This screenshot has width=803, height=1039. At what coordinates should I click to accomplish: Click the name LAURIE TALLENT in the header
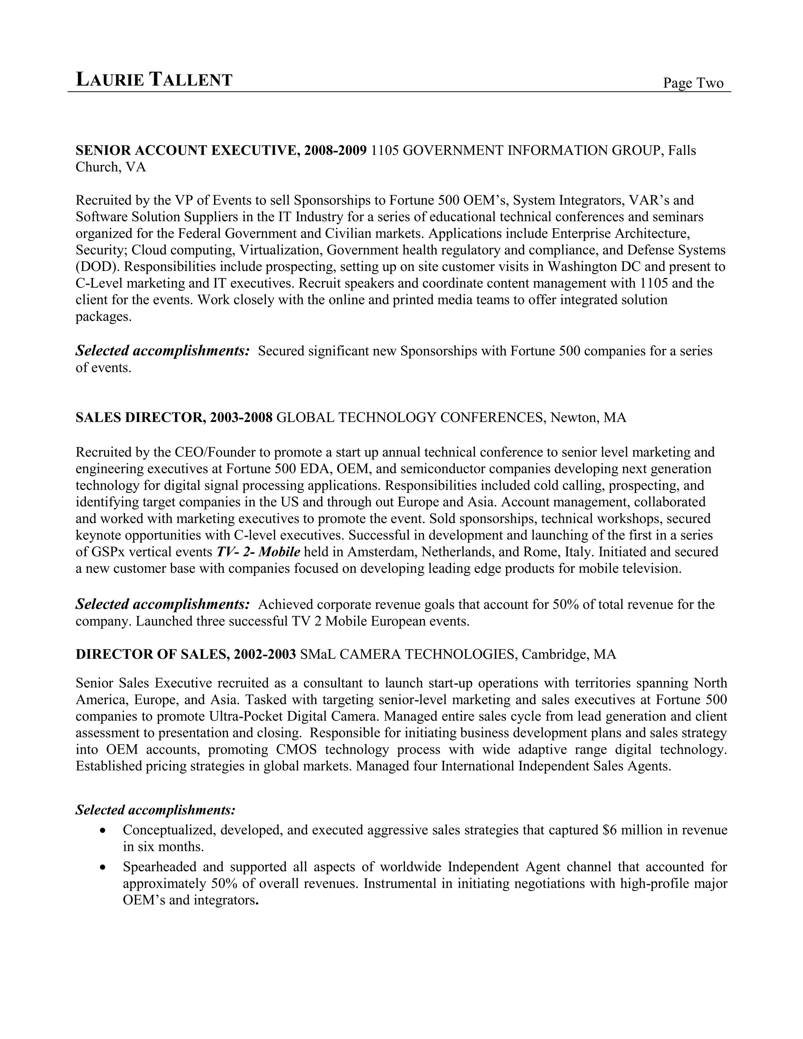(154, 80)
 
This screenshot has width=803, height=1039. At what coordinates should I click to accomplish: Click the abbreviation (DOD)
(97, 267)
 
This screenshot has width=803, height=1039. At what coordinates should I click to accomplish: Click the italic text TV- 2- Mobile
(258, 552)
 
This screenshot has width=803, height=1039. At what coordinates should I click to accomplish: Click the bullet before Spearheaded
(103, 867)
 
